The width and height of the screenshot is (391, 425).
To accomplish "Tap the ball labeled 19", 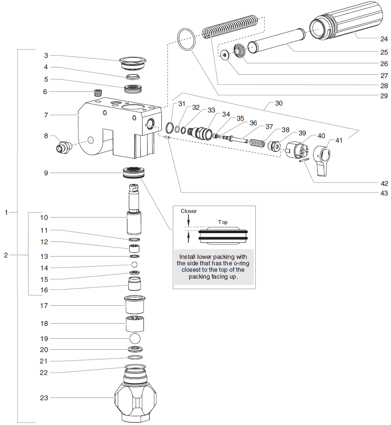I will click(x=135, y=339).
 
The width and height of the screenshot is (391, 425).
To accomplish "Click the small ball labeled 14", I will click(x=135, y=265).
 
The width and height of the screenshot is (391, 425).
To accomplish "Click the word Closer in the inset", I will click(x=188, y=211).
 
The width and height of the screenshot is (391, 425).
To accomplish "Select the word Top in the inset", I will click(x=223, y=222).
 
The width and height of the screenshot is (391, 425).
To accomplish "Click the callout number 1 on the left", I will click(x=6, y=212).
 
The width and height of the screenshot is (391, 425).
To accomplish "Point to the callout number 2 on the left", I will click(x=6, y=255).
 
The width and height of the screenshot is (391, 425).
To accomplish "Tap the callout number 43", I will click(x=383, y=193).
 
